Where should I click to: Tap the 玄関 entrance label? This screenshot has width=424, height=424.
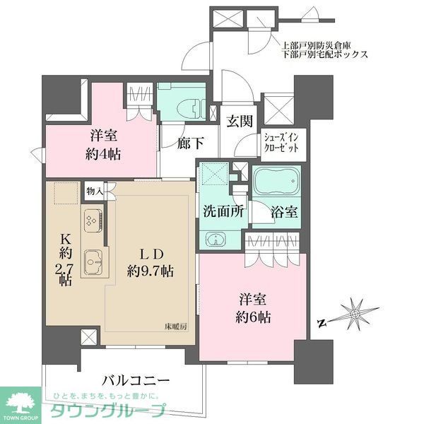pyautogui.click(x=240, y=121)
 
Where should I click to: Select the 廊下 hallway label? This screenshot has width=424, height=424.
pyautogui.click(x=190, y=142)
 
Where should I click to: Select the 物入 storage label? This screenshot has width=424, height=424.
pyautogui.click(x=95, y=190)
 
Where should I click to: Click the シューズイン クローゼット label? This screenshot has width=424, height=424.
pyautogui.click(x=282, y=143)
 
